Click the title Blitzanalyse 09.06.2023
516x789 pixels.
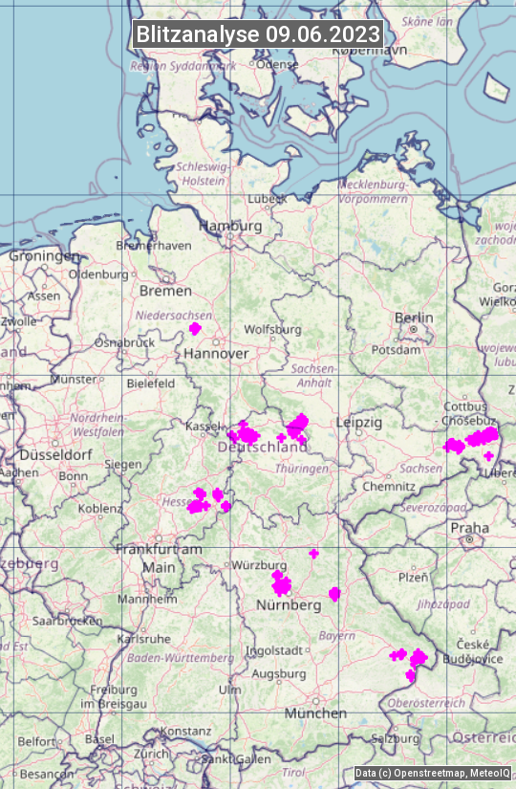point(258,33)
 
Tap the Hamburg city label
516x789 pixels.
point(229,227)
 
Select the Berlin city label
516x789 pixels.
point(414,318)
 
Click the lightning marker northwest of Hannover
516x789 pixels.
point(195,329)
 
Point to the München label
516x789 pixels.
point(315,713)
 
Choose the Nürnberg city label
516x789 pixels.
point(289,605)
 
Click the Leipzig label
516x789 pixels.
point(359,422)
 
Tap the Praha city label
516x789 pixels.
point(469,528)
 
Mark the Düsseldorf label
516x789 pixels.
point(54,455)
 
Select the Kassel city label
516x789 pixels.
point(204,425)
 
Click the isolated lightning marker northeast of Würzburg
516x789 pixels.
point(313,554)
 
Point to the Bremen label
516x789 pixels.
point(165,291)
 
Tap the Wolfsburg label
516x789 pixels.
point(272,330)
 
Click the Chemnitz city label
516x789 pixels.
point(382,487)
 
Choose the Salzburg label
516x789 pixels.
point(396,739)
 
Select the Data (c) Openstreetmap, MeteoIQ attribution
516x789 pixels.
point(432,773)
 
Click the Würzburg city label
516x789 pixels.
point(260,565)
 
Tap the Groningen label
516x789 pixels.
point(44,256)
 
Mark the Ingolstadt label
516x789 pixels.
point(275,651)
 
